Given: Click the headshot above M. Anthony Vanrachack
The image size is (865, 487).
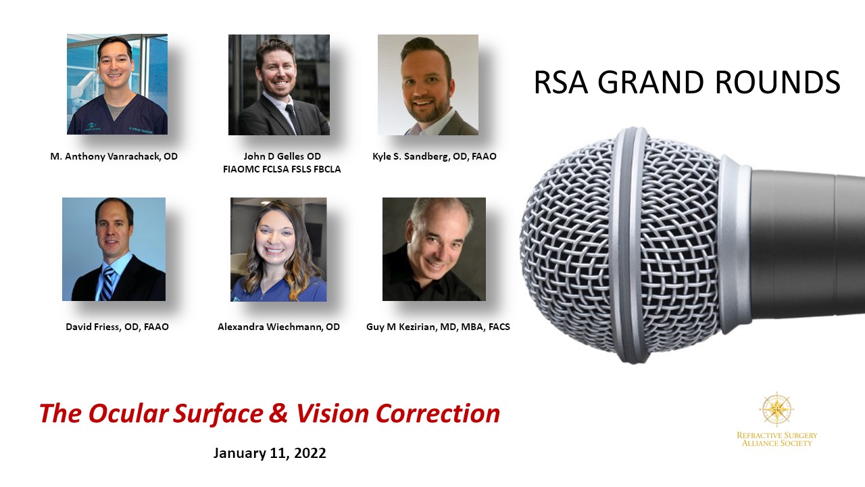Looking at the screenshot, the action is [x=117, y=85].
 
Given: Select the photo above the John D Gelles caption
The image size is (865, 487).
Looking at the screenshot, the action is [x=279, y=85].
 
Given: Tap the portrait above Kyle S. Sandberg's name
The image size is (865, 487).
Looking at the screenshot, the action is [x=428, y=85].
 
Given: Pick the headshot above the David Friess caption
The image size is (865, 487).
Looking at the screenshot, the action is [x=114, y=250].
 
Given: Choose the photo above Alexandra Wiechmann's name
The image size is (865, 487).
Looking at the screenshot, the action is [x=278, y=250].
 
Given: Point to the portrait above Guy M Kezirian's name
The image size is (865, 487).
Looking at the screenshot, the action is [x=434, y=250].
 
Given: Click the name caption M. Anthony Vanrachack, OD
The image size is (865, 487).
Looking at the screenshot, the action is [x=114, y=156].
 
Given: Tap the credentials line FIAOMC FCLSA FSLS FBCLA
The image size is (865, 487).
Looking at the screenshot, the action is [x=282, y=169].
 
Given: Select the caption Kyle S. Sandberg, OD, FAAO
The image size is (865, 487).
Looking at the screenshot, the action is [x=435, y=156].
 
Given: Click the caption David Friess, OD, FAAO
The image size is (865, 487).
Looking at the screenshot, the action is [x=117, y=327].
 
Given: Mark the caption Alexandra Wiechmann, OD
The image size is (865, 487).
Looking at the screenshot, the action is [x=279, y=327].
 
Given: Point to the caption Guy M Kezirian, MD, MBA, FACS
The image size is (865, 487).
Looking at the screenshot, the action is [x=438, y=327].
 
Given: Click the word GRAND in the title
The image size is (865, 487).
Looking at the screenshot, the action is [x=651, y=82].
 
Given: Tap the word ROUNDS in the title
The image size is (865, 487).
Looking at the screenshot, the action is [x=778, y=82].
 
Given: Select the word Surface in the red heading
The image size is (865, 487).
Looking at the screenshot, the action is [x=218, y=413].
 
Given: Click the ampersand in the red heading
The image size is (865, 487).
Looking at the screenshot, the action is [x=279, y=413].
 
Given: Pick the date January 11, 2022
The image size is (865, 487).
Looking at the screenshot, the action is [x=270, y=453].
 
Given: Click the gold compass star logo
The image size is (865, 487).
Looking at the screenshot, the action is [x=776, y=409].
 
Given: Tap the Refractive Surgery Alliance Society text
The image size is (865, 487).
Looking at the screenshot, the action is [x=777, y=440].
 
